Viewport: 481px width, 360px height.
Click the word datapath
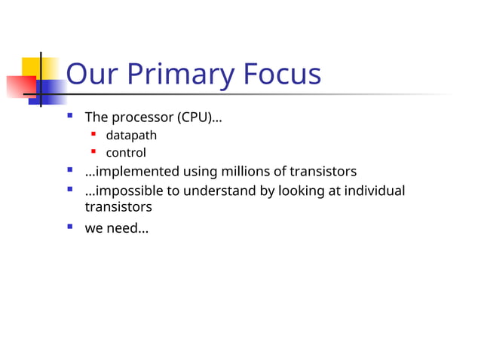click(131, 136)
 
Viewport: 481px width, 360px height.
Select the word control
click(126, 152)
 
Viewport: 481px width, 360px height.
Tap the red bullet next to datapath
click(93, 135)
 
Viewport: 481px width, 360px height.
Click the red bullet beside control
click(93, 151)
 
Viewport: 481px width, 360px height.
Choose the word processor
click(141, 117)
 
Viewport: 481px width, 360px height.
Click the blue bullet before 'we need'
click(69, 226)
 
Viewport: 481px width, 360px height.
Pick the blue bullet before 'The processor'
click(69, 116)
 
